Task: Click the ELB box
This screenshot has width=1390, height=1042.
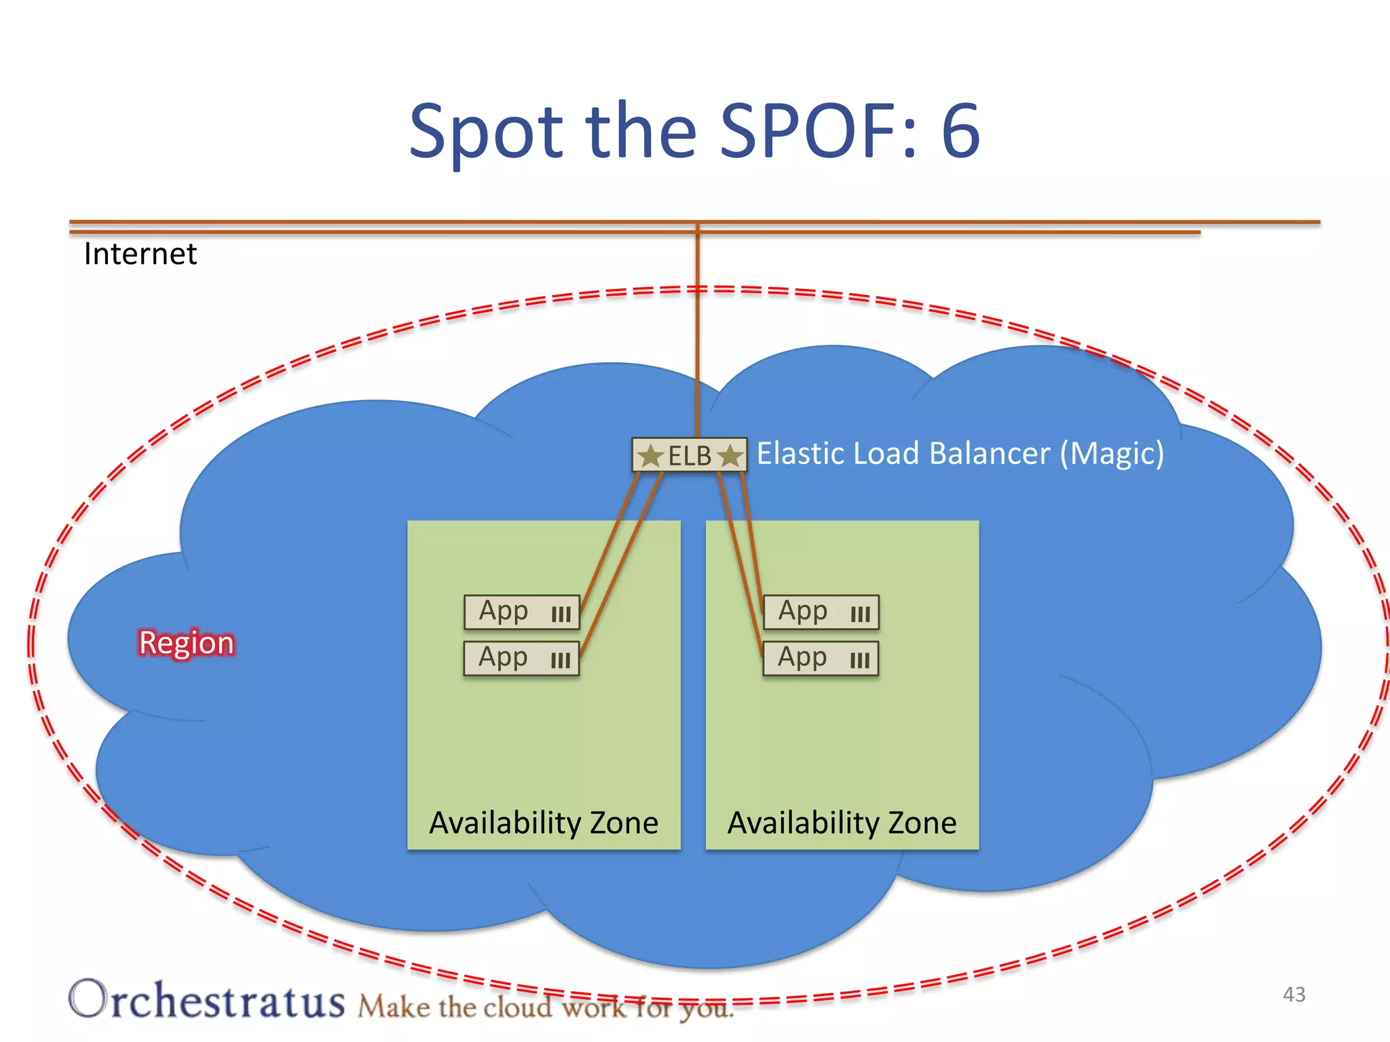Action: pyautogui.click(x=690, y=455)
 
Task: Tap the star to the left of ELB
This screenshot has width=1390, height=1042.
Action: pyautogui.click(x=651, y=455)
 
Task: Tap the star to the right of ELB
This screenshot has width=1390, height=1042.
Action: pyautogui.click(x=730, y=455)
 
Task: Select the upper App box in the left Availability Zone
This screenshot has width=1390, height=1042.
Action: pyautogui.click(x=521, y=612)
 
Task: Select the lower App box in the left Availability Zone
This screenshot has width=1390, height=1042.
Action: pyautogui.click(x=521, y=658)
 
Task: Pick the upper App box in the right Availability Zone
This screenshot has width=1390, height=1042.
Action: pyautogui.click(x=821, y=612)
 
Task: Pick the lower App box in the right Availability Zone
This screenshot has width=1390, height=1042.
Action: pyautogui.click(x=821, y=658)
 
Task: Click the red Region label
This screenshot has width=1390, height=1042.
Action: pyautogui.click(x=186, y=642)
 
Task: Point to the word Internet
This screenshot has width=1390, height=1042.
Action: pyautogui.click(x=140, y=254)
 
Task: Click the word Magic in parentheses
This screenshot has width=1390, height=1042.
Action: pyautogui.click(x=1112, y=453)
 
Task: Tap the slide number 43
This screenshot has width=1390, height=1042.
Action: pyautogui.click(x=1294, y=995)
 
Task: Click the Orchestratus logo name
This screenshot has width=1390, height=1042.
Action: pyautogui.click(x=207, y=1000)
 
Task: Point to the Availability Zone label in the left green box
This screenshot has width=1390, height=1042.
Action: pyautogui.click(x=544, y=823)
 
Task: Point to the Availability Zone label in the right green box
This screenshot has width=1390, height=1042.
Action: pyautogui.click(x=842, y=823)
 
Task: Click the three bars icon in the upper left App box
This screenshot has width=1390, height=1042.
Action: pyautogui.click(x=561, y=615)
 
